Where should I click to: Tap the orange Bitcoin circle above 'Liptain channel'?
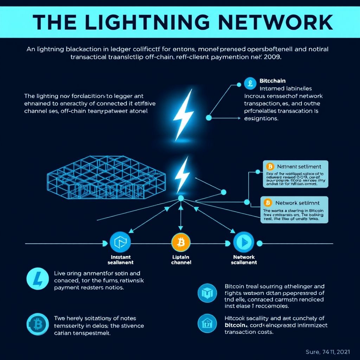point(181,242)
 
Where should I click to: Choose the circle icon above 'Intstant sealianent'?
point(120,242)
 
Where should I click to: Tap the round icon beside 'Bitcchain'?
point(249,84)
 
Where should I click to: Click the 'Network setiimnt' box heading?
point(297,203)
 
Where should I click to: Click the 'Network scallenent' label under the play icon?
point(244,260)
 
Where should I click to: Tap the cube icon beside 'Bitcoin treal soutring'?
point(207,293)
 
